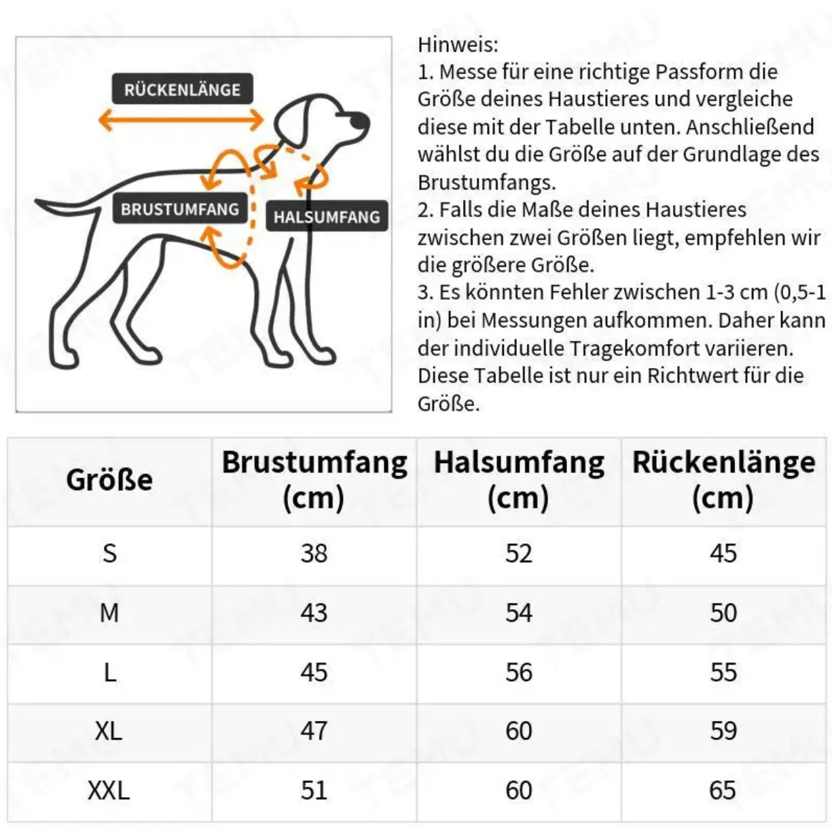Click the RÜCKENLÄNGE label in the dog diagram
[x=182, y=90]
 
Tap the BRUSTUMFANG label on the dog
[x=180, y=209]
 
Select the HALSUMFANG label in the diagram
[x=327, y=217]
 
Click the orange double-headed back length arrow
[x=181, y=121]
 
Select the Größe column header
[x=109, y=480]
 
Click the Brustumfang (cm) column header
[x=314, y=480]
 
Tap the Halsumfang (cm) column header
[x=519, y=480]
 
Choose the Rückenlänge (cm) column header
[x=723, y=480]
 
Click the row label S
[x=109, y=553]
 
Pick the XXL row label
[x=109, y=790]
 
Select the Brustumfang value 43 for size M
[x=314, y=613]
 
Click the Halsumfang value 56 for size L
[x=519, y=672]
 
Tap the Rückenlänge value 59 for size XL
[x=723, y=731]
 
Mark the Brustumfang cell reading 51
[x=314, y=790]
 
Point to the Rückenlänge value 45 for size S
[x=723, y=553]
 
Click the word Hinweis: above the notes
[x=458, y=45]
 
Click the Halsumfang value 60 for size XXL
[x=519, y=790]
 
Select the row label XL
[x=109, y=731]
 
